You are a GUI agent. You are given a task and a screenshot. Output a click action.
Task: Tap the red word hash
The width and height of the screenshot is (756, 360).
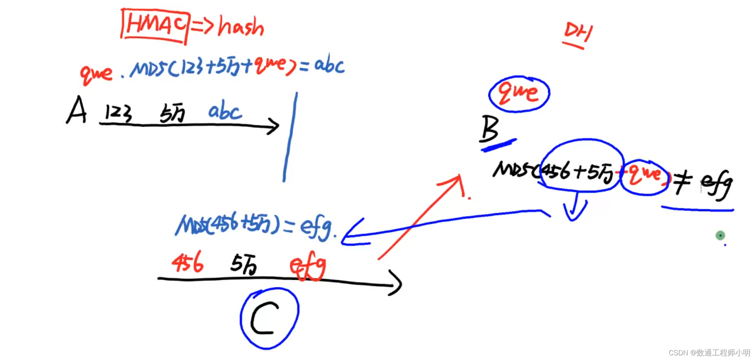coord(241,27)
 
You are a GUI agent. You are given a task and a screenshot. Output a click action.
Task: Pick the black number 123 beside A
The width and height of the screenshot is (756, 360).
coord(118,113)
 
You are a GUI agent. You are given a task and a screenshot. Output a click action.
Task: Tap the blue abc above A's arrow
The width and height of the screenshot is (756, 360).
coord(225,111)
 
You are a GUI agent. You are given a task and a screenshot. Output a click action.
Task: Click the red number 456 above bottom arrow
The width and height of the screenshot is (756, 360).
coord(187,262)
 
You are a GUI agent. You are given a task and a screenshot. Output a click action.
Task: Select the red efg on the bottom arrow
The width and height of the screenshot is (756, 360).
coord(308,266)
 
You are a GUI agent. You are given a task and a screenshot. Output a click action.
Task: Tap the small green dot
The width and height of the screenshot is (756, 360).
coord(720,235)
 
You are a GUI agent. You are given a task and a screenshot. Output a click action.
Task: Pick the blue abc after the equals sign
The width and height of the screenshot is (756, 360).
coord(329,65)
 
